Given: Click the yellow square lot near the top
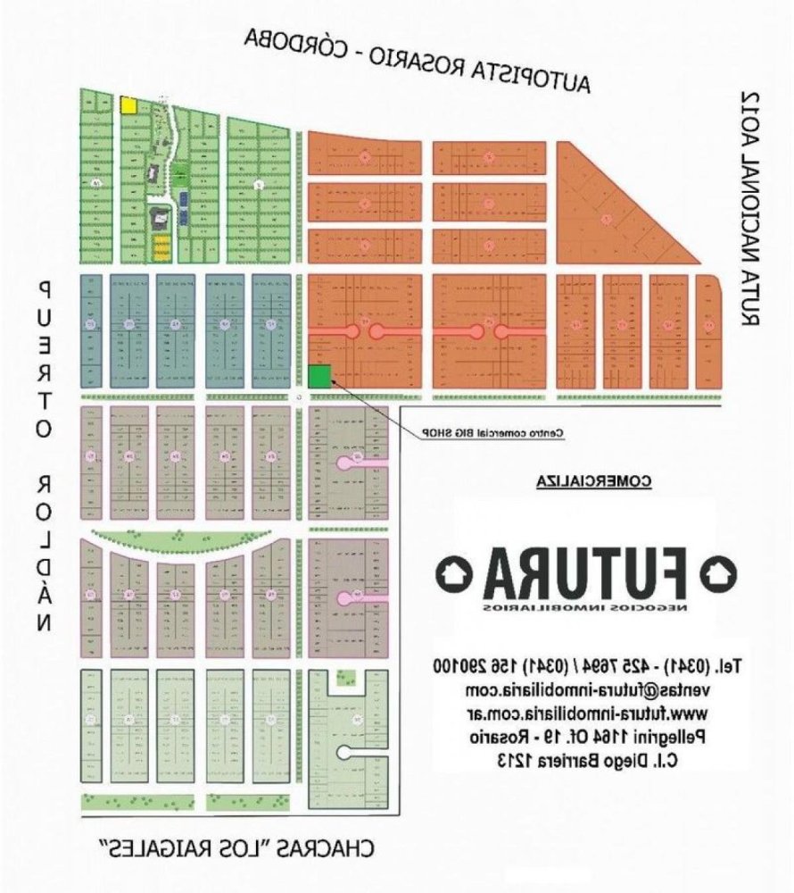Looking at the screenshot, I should tap(128, 104).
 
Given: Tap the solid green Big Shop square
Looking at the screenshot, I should tap(319, 376).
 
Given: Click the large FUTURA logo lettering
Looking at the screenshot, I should tap(587, 574).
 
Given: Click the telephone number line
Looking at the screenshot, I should tap(588, 665).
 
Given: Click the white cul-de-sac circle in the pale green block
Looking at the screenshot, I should tap(343, 752).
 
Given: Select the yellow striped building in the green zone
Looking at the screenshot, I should tap(161, 246).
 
